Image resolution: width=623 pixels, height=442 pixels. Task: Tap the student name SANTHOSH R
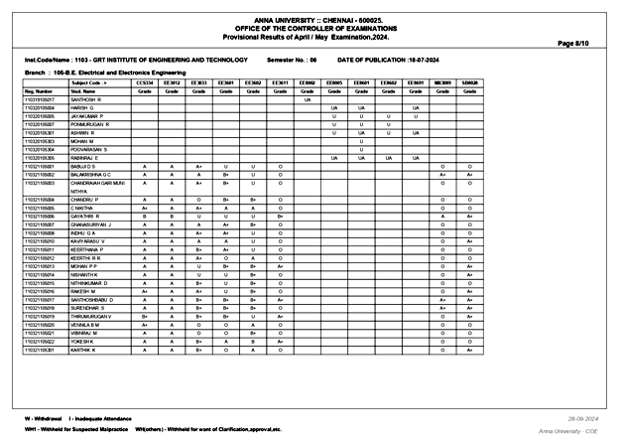87,100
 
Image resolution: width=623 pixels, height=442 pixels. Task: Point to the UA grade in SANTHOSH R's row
308,100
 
